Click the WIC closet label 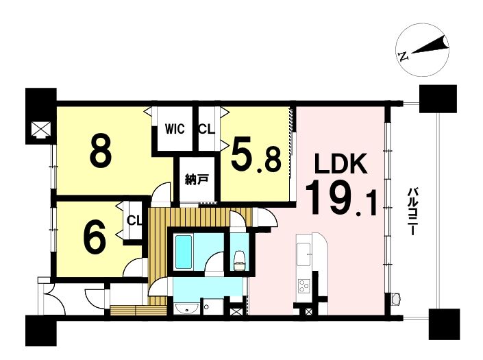(x=175, y=128)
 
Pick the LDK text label (x=340, y=163)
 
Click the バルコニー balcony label (x=412, y=211)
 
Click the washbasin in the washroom (x=186, y=309)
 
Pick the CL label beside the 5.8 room (x=206, y=129)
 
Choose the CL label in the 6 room (x=134, y=220)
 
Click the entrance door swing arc (x=55, y=300)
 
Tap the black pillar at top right (x=438, y=99)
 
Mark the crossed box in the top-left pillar (x=41, y=129)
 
